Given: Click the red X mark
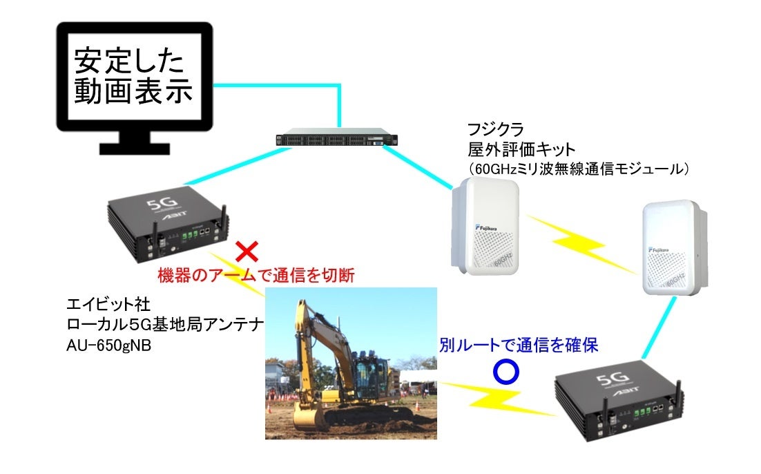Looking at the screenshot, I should coord(247,251).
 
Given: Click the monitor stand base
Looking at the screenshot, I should coord(134,147).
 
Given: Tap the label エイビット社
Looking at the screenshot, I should coord(104,305).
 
